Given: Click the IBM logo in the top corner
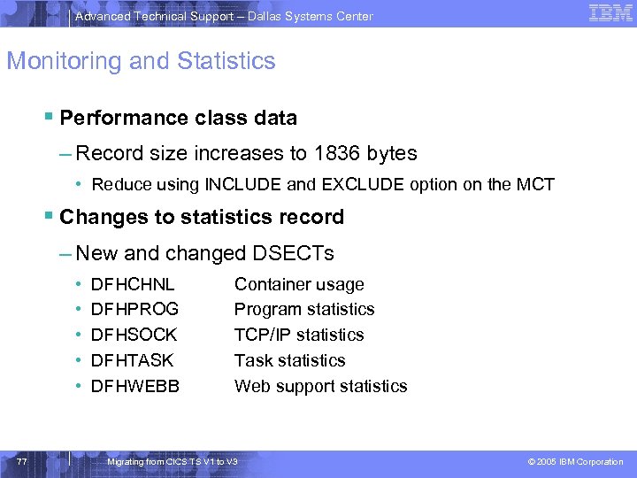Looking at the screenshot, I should tap(610, 13).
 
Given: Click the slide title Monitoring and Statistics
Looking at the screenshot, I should tap(142, 61).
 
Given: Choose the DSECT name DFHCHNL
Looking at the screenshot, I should tap(133, 284).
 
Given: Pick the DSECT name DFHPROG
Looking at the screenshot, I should tap(134, 310).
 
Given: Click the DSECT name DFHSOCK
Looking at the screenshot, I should tap(134, 335).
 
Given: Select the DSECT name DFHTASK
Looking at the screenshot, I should tap(133, 360).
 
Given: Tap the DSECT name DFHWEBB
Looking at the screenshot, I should tap(135, 386).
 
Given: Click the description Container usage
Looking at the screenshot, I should tap(299, 284).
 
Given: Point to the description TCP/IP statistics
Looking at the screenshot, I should tap(299, 335).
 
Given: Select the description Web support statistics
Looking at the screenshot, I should tap(320, 386).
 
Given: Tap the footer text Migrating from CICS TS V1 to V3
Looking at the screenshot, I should tap(172, 462).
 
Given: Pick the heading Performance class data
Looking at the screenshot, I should tap(179, 118).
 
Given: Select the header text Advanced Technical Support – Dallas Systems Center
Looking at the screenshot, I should tap(224, 16).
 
